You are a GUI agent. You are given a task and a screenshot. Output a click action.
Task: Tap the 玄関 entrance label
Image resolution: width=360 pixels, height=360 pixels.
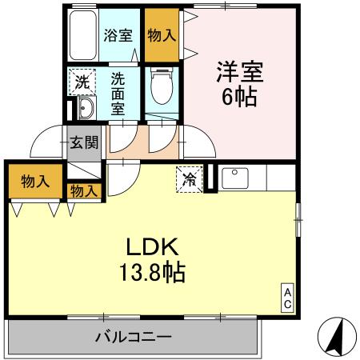[x=84, y=143]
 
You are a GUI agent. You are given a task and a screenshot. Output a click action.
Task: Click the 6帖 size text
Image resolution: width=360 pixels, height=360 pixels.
[x=238, y=100]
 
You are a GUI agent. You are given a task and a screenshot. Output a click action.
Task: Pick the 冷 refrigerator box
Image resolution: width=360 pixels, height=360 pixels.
[x=189, y=178]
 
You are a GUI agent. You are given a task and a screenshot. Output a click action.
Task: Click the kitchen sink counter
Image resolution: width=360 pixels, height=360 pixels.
[x=236, y=178]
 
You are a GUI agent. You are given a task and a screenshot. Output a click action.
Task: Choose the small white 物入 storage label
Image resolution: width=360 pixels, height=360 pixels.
[x=83, y=190]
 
